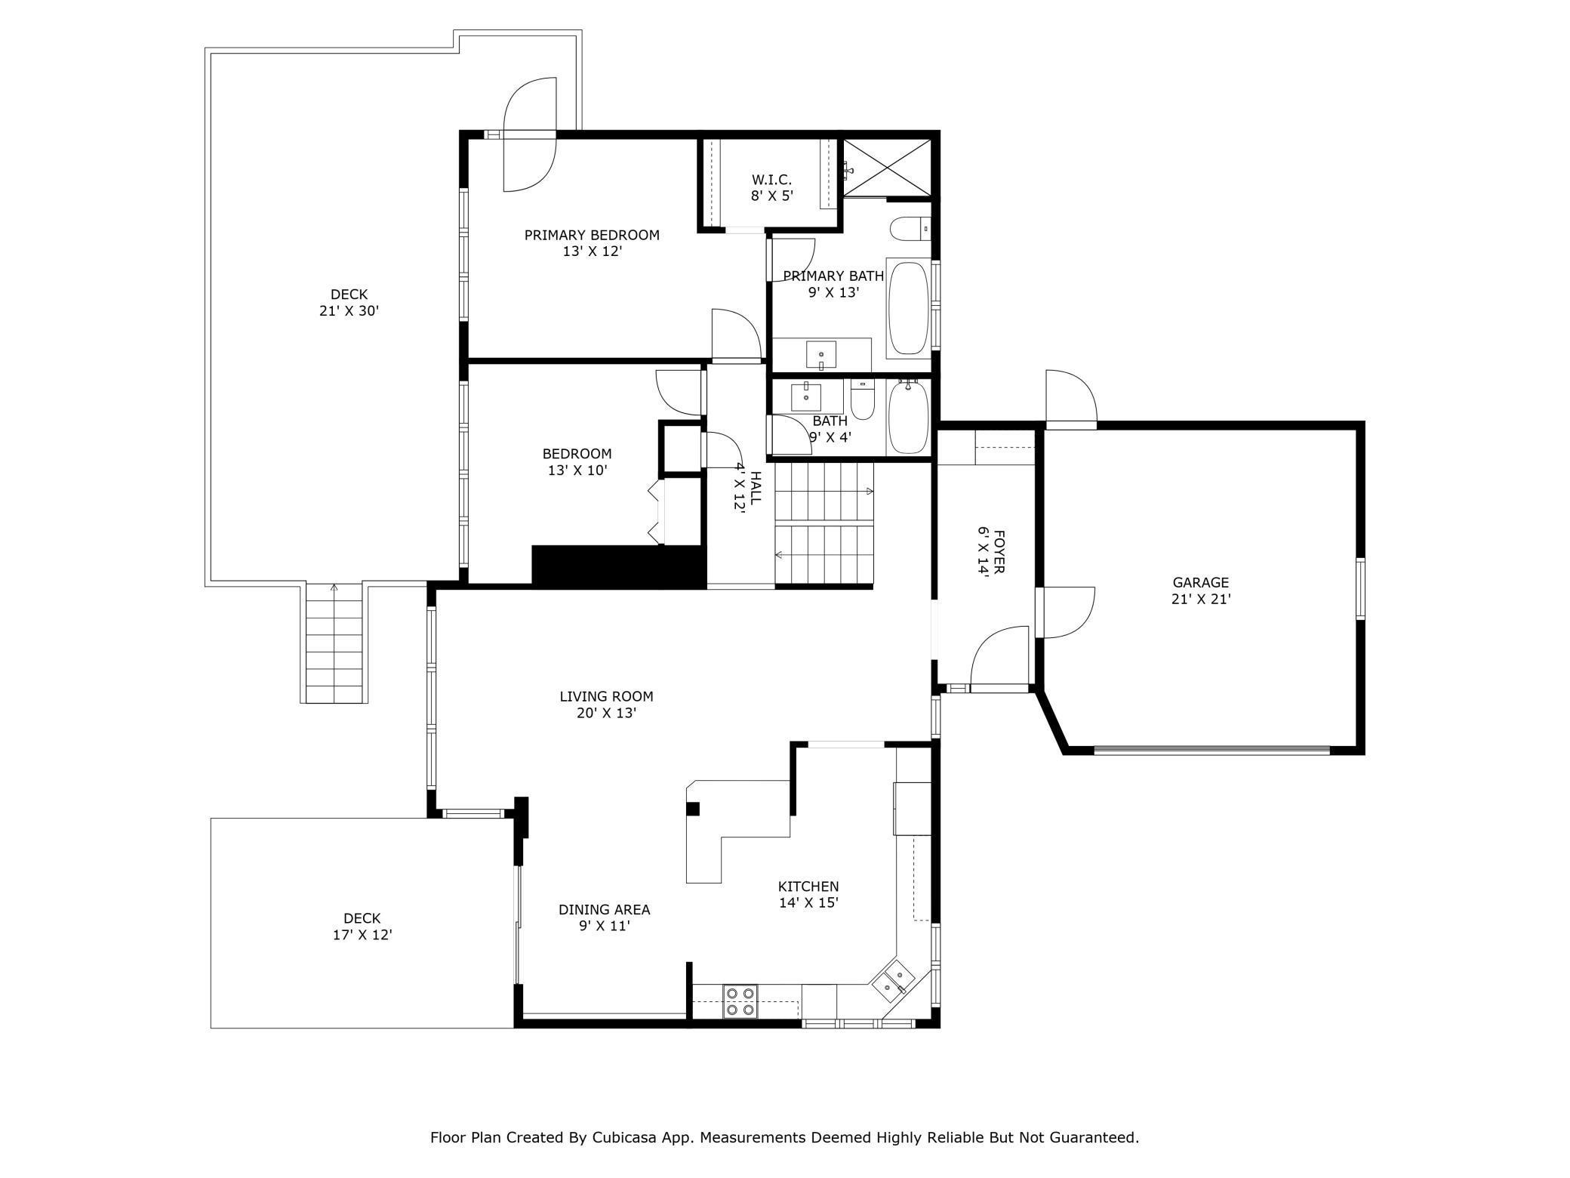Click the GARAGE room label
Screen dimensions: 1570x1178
[x=1200, y=582]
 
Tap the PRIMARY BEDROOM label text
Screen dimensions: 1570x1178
[x=592, y=235]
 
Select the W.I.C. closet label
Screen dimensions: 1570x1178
[x=771, y=180]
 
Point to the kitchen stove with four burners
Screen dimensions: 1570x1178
[x=740, y=1001]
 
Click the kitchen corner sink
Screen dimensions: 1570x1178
[x=894, y=980]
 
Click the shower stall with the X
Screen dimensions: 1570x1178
[x=887, y=167]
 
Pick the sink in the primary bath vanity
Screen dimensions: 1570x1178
[x=821, y=353]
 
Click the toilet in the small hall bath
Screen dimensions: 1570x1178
[x=862, y=399]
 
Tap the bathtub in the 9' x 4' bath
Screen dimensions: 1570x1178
[x=908, y=418]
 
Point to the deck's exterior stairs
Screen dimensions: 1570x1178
[x=335, y=643]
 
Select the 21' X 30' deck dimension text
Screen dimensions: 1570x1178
[x=349, y=310]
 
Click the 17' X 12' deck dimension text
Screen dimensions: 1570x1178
[x=362, y=934]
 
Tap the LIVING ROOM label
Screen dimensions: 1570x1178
[x=606, y=696]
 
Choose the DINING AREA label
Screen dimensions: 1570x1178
[x=604, y=910]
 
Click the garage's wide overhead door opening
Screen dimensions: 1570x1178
[x=1211, y=750]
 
